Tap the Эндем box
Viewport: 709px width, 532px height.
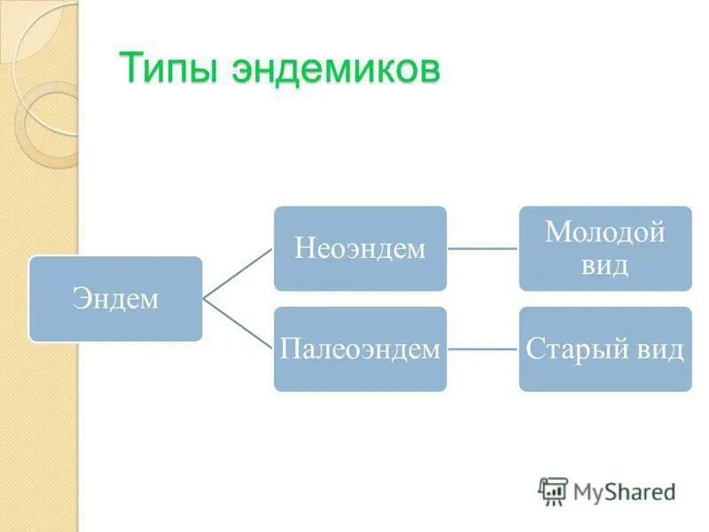tap(115, 299)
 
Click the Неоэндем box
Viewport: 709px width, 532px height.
tap(360, 249)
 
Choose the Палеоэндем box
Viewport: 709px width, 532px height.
tap(360, 348)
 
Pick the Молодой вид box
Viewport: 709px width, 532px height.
tap(605, 249)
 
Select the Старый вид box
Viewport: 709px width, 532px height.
tap(605, 348)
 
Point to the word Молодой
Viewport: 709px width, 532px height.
tap(605, 233)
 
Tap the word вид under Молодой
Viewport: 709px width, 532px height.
tap(605, 265)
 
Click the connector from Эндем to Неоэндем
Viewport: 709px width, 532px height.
tap(238, 274)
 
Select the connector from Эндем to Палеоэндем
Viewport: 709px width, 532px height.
tap(238, 324)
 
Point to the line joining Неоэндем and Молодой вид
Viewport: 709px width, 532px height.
tap(483, 249)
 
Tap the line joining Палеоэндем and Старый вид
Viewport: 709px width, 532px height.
tap(483, 348)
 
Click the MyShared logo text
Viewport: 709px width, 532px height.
tap(624, 490)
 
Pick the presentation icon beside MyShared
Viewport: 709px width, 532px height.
tap(553, 490)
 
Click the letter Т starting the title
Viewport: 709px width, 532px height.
tap(129, 69)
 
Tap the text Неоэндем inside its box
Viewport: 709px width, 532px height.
tap(360, 249)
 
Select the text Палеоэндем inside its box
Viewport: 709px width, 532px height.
tap(360, 348)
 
